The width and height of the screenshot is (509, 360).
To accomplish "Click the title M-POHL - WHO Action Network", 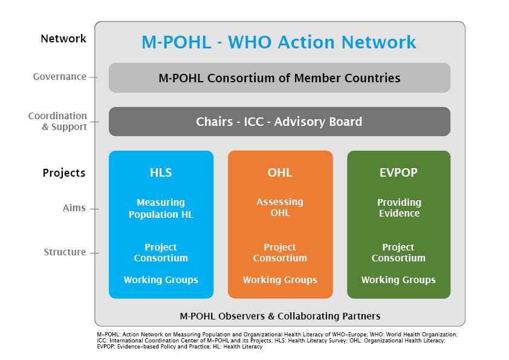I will pos(279,42).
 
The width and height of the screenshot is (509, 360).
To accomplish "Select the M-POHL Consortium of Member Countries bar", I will pos(279,78).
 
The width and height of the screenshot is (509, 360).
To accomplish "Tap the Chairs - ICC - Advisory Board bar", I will pos(279,122).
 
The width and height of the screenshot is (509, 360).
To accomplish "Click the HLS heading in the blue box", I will pos(161,172).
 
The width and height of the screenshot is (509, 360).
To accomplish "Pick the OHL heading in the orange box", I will pos(280,172).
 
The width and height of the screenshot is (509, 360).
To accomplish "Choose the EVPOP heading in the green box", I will pos(398,172).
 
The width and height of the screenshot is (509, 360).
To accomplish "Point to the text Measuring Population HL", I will pos(161,208).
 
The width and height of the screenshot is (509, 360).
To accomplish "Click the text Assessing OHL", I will pos(280,208).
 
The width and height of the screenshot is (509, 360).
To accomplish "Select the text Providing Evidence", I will pos(398,208).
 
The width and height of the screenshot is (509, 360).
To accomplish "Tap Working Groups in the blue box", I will pos(161,280).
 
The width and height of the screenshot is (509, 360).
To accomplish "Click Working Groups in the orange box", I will pos(280,280).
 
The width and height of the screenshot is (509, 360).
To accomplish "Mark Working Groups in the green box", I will pos(398,280).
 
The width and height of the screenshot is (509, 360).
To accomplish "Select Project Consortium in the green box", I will pos(398,253).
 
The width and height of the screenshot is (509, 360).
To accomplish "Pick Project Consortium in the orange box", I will pos(280,253).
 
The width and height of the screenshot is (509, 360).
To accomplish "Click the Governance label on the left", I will pos(60,77).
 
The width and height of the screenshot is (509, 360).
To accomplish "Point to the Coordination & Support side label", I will pos(58,121).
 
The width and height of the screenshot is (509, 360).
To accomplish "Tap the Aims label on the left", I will pos(74,208).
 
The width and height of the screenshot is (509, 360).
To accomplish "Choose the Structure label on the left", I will pos(65,252).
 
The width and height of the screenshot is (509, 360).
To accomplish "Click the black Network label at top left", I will pos(63,39).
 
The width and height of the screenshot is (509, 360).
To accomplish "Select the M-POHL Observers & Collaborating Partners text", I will pos(280,316).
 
